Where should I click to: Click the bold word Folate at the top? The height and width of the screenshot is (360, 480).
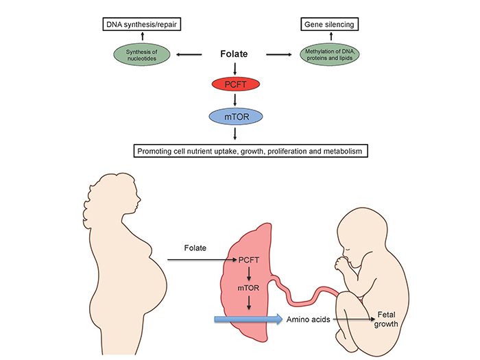click(235, 52)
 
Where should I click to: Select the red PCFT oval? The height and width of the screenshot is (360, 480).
click(235, 85)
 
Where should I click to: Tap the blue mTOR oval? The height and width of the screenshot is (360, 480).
click(235, 117)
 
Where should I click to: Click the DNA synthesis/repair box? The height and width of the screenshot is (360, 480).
click(140, 26)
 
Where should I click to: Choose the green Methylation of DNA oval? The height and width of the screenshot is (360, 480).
click(331, 54)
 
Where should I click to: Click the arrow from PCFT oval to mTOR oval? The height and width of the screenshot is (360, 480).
click(235, 101)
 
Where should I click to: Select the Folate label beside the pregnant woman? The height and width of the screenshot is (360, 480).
click(197, 246)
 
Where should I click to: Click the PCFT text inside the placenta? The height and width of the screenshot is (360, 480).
click(248, 261)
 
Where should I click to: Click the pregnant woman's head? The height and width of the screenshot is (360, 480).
click(110, 195)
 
